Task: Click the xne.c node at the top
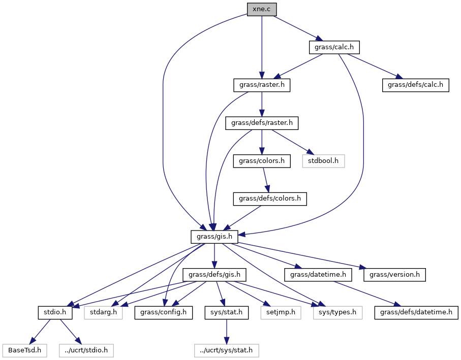[262, 10]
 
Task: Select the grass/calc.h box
[334, 47]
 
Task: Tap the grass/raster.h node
[262, 85]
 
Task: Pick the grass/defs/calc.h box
[415, 85]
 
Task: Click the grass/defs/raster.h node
[262, 123]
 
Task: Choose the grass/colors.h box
[262, 161]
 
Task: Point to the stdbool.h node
[323, 161]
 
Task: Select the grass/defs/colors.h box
[270, 199]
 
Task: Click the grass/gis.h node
[214, 237]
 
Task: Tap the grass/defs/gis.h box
[214, 275]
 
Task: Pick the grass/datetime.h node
[318, 275]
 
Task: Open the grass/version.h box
[394, 275]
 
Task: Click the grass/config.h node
[164, 312]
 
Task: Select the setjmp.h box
[281, 312]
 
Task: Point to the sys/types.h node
[337, 312]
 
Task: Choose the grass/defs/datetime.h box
[416, 312]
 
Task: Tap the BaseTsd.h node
[25, 350]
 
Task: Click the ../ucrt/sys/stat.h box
[226, 350]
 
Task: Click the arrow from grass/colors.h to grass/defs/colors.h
[266, 180]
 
